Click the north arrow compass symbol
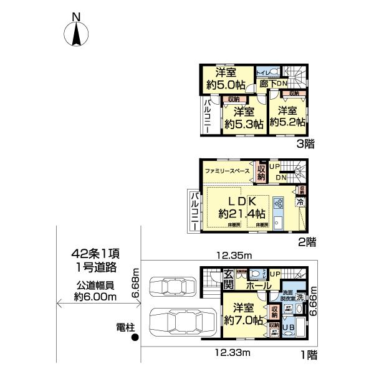click(76, 33)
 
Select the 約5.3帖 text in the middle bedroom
click(240, 124)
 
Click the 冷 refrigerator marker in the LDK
click(299, 202)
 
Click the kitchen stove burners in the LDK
click(279, 203)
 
